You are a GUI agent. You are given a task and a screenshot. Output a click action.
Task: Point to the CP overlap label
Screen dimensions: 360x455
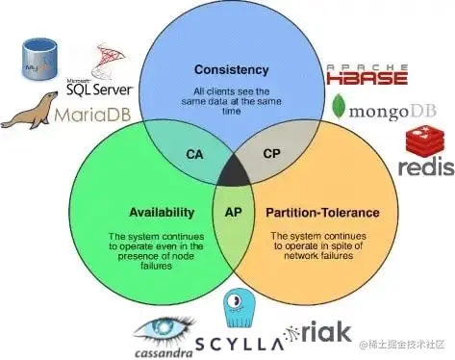[271, 154]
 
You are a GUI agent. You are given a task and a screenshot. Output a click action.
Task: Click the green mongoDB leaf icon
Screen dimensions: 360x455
[339, 106]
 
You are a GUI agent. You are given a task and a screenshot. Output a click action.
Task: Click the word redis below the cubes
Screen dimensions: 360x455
[425, 169]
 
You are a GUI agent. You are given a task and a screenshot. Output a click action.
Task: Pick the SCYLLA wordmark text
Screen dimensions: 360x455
[237, 343]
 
